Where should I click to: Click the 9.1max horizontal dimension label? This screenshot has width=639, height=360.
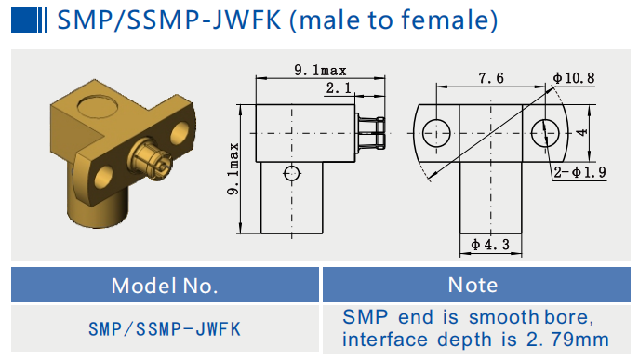tap(321, 70)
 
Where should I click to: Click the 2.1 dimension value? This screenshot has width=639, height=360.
tap(337, 88)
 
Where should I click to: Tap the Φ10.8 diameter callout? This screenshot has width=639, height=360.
tap(573, 78)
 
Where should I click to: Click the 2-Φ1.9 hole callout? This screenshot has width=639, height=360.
tap(579, 172)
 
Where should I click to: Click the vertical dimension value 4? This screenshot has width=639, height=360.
tap(581, 132)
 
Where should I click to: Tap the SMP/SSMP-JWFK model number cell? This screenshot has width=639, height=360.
tap(165, 328)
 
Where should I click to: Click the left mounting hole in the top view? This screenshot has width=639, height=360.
tap(434, 133)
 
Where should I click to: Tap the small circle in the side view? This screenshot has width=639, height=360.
tap(292, 172)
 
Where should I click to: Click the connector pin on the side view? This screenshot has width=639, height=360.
tap(373, 133)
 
